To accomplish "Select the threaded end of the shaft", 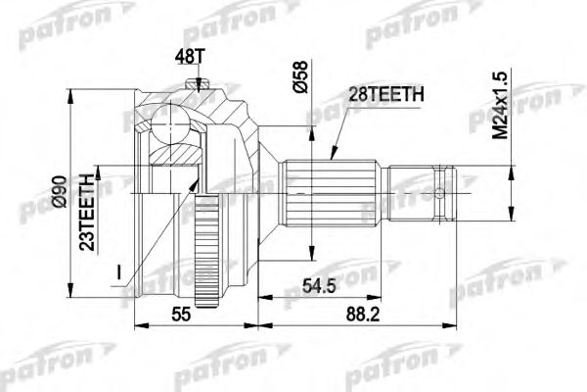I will point(421,192).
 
